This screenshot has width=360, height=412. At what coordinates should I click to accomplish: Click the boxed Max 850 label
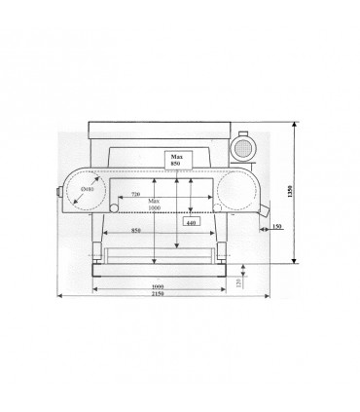[x=177, y=159]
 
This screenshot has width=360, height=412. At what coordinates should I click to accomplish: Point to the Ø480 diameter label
[x=88, y=191]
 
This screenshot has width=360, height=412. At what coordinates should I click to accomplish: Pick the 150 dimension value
[x=277, y=227]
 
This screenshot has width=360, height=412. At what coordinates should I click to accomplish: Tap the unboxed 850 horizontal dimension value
[x=140, y=231]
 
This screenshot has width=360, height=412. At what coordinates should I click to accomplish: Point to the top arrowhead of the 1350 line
[x=295, y=125]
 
